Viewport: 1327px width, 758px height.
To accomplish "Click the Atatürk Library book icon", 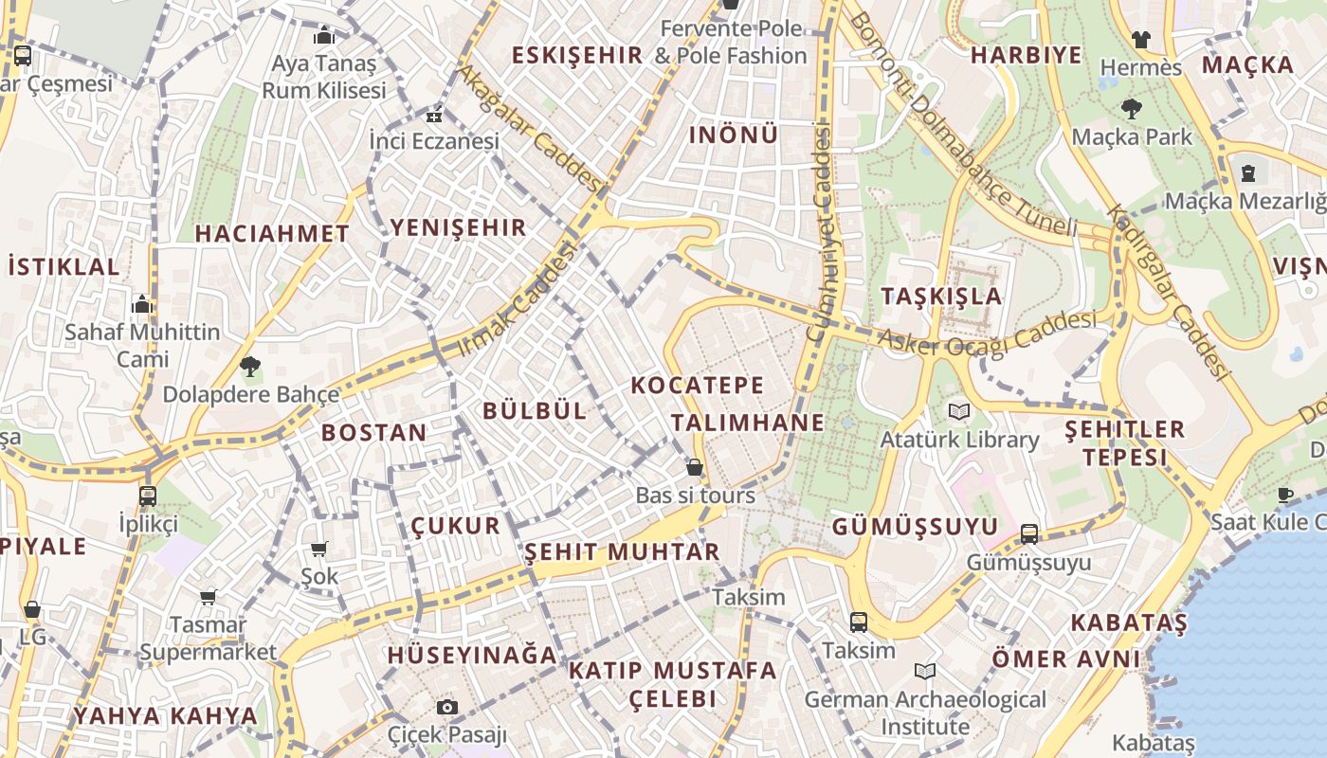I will pyautogui.click(x=959, y=411).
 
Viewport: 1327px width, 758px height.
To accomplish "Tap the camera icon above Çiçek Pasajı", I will pyautogui.click(x=447, y=707).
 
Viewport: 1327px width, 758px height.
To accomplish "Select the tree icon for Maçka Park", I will pyautogui.click(x=1131, y=108).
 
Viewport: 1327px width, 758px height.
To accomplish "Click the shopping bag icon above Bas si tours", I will pyautogui.click(x=695, y=467).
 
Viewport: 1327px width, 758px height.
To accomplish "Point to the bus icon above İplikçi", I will pyautogui.click(x=147, y=496).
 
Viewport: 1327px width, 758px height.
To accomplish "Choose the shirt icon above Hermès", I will pyautogui.click(x=1140, y=39).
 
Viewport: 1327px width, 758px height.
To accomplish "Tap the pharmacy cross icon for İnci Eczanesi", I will pyautogui.click(x=434, y=117).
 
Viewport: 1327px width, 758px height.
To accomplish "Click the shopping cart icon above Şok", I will pyautogui.click(x=319, y=549).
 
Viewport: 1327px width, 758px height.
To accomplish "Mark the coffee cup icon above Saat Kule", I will pyautogui.click(x=1285, y=495).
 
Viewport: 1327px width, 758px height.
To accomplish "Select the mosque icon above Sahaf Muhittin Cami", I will pyautogui.click(x=142, y=304).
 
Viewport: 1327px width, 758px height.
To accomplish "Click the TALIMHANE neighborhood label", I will pyautogui.click(x=748, y=423).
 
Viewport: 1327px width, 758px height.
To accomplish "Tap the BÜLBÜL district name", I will pyautogui.click(x=535, y=410).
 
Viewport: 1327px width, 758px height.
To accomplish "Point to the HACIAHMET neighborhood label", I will pyautogui.click(x=272, y=233).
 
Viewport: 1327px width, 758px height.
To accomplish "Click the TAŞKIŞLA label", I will pyautogui.click(x=941, y=296).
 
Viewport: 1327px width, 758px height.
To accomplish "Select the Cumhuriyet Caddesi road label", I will pyautogui.click(x=820, y=232).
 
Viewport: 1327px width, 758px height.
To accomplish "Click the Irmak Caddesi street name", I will pyautogui.click(x=517, y=299).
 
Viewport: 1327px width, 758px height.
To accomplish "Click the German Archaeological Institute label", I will pyautogui.click(x=924, y=713).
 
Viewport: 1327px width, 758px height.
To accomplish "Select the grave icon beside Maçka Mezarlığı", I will pyautogui.click(x=1248, y=173).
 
